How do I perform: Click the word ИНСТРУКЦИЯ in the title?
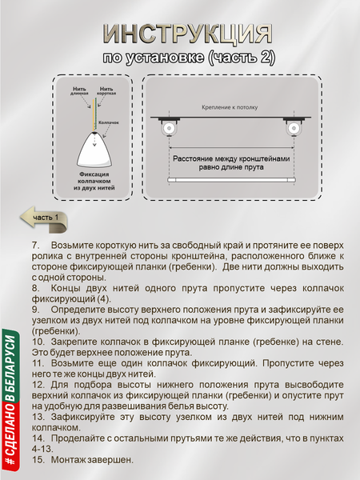click(186, 34)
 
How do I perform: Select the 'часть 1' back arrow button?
click(43, 216)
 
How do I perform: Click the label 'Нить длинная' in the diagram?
click(79, 90)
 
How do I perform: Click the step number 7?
click(35, 244)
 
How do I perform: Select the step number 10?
click(38, 340)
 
